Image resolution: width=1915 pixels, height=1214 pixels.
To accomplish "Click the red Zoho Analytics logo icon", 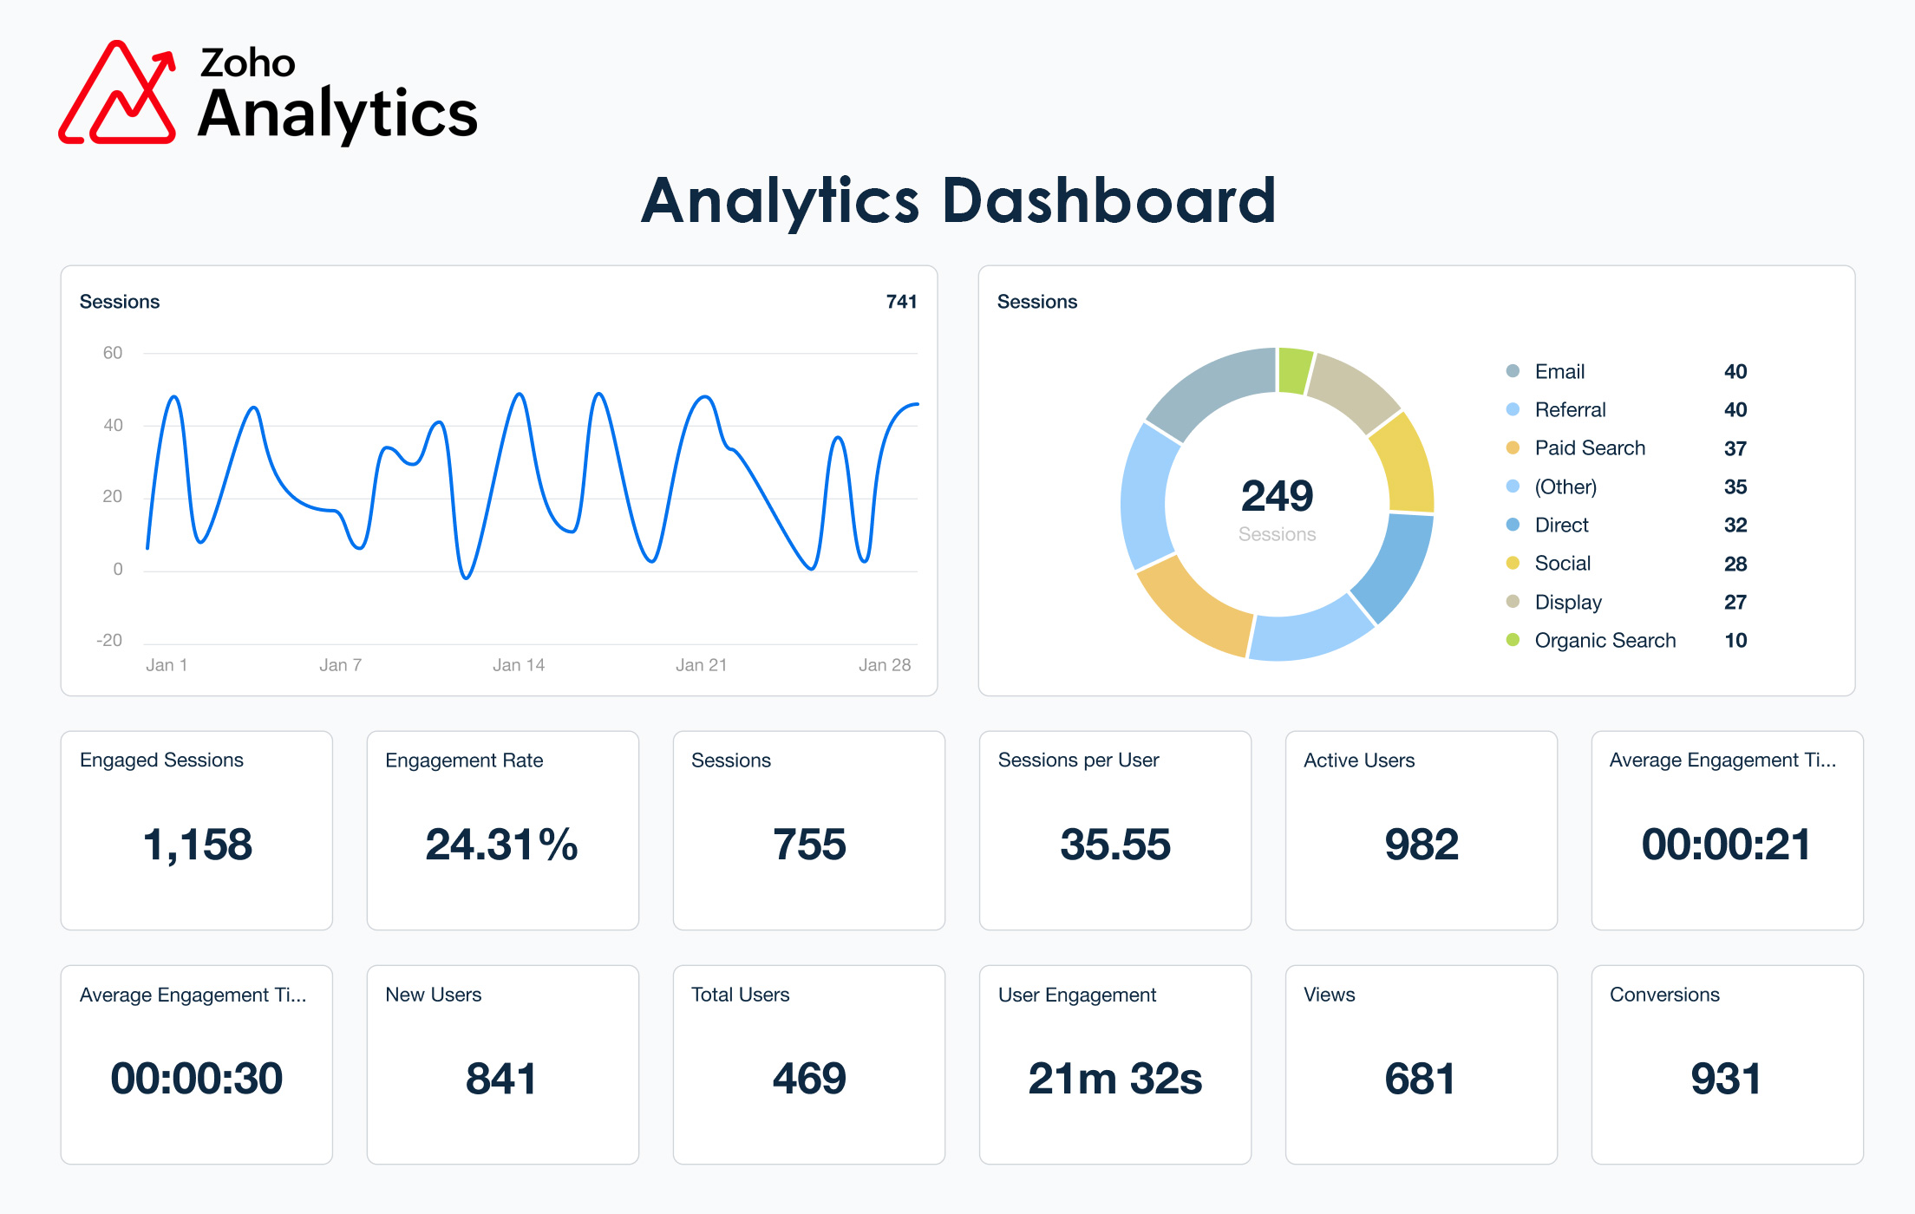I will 117,94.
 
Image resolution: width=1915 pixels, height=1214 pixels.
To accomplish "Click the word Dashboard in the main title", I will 1108,201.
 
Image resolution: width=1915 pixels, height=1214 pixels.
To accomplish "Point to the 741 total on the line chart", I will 901,302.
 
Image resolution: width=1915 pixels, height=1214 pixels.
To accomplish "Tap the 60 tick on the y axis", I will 113,353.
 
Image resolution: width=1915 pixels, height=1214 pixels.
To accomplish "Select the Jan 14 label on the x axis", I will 519,665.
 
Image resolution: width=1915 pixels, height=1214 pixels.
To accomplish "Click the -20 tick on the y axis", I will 109,641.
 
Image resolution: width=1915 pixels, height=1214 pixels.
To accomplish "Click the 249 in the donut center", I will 1277,496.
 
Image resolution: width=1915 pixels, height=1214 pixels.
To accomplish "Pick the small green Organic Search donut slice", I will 1295,370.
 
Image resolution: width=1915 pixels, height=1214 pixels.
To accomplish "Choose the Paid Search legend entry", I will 1589,448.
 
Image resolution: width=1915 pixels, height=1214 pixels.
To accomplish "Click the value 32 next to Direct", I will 1735,525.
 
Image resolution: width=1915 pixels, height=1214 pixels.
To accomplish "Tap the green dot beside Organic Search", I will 1513,640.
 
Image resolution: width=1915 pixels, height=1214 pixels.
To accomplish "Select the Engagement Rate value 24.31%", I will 501,845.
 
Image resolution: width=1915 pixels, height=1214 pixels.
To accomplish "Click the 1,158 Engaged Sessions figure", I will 197,845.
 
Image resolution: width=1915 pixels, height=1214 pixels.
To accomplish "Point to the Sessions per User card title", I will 1078,760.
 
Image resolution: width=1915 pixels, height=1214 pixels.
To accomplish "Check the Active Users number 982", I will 1421,845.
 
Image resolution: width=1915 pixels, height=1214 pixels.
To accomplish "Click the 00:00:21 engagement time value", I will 1726,845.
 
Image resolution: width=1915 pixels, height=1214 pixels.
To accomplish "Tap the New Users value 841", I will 501,1079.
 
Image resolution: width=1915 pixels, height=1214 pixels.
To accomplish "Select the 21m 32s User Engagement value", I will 1114,1079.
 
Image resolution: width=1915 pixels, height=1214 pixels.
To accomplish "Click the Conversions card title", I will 1663,995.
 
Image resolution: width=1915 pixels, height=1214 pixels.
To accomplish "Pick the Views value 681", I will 1420,1079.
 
